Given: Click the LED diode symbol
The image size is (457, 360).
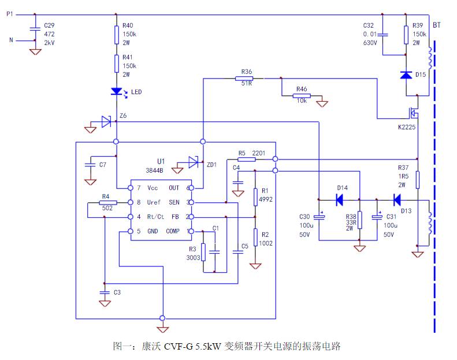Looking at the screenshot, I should pos(117,91).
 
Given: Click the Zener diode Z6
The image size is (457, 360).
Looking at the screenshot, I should pos(106,121).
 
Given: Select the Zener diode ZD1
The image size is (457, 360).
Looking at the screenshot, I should pos(194,164).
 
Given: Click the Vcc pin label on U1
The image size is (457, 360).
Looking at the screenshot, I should pos(153,188).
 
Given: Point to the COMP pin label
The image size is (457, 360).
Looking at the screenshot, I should pos(172,231).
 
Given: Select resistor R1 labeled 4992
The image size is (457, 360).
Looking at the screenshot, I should pos(255,197).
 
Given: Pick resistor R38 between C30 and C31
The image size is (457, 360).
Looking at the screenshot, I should pos(359,220).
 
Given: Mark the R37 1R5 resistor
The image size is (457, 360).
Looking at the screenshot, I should pos(417,180).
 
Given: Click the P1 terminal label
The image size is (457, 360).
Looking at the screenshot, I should pos(9,14).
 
